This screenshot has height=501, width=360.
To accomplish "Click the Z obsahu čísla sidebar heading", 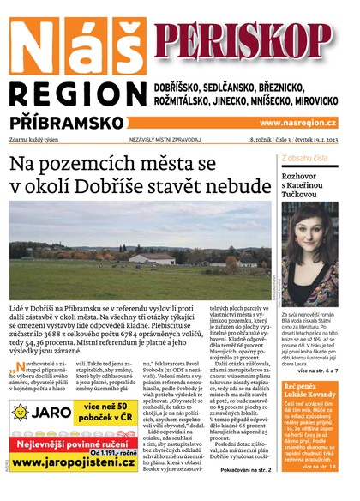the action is point(304,160).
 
